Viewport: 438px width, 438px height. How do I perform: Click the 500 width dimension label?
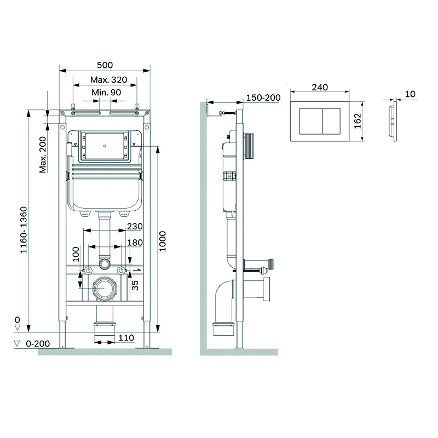[105, 64]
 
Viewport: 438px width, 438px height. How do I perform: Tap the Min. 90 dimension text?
[106, 93]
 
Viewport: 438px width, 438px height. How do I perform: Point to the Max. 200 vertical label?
[43, 154]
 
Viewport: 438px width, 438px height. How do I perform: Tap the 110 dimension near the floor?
[126, 338]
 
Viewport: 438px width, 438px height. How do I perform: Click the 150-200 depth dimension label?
[263, 97]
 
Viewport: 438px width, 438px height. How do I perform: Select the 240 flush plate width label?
[320, 87]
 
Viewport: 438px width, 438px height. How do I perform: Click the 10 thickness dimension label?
[411, 95]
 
